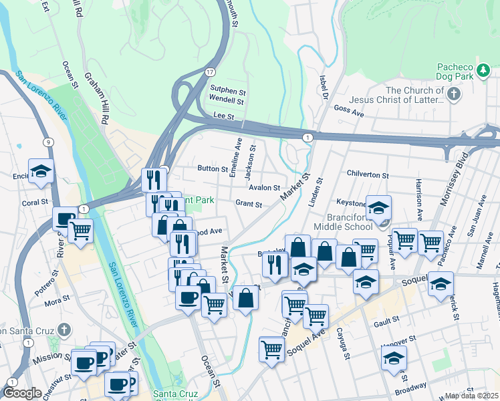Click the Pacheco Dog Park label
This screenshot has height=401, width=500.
coord(455,72)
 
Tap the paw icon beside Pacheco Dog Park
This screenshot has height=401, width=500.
coord(483,69)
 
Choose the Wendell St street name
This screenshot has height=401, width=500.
coord(226,102)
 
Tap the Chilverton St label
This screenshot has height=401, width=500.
coord(368,174)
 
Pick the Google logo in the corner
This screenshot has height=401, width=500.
coord(22,393)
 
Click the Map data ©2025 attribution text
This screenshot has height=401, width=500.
coord(472,396)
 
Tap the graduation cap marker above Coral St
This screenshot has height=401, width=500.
coord(41,171)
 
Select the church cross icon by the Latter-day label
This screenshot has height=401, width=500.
coord(455,94)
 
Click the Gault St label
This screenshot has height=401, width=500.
coord(386,319)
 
